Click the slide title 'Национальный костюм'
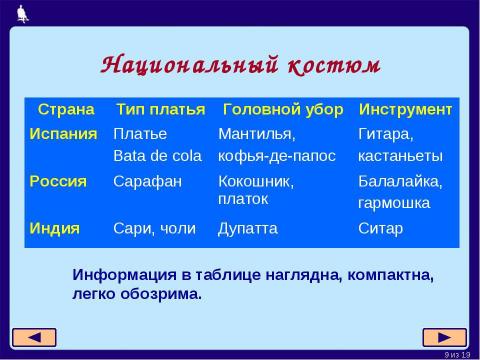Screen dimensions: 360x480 [240, 64]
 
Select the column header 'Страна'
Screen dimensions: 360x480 [66, 108]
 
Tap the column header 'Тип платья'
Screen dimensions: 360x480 [160, 108]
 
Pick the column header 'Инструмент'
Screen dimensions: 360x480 [405, 108]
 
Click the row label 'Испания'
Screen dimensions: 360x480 [63, 133]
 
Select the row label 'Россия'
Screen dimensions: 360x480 [58, 181]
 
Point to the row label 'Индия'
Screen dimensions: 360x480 [55, 228]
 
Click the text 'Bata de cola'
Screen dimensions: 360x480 [158, 155]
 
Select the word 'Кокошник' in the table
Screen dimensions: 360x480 [255, 181]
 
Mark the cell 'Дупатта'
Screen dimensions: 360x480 [248, 228]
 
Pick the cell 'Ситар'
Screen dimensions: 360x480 [381, 228]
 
